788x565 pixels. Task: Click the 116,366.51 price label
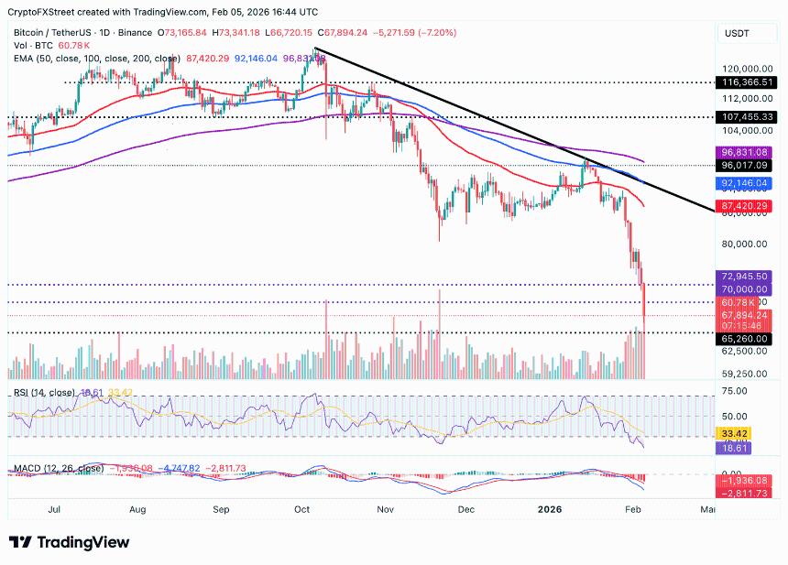click(x=748, y=81)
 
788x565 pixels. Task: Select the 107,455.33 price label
click(x=748, y=117)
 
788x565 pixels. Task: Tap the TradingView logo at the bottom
click(x=69, y=542)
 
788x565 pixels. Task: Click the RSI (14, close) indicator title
click(x=45, y=393)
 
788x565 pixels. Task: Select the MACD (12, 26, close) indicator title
click(x=57, y=469)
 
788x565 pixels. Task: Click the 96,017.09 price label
click(x=748, y=166)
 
